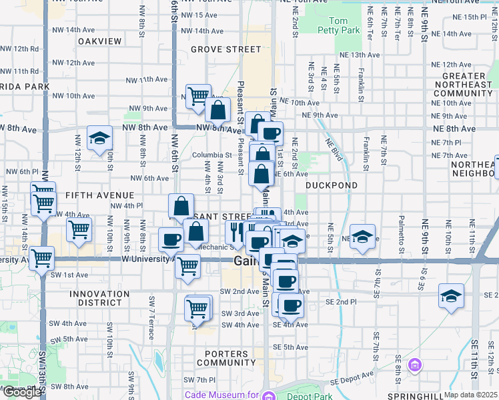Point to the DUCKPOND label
click(332, 185)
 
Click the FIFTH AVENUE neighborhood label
click(99, 195)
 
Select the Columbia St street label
click(213, 155)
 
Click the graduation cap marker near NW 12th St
click(99, 139)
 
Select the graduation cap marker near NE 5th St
click(362, 237)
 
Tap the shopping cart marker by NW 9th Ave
click(198, 97)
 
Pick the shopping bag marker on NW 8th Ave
click(217, 111)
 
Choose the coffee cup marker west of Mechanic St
click(171, 240)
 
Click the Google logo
click(22, 392)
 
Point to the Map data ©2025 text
click(471, 395)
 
